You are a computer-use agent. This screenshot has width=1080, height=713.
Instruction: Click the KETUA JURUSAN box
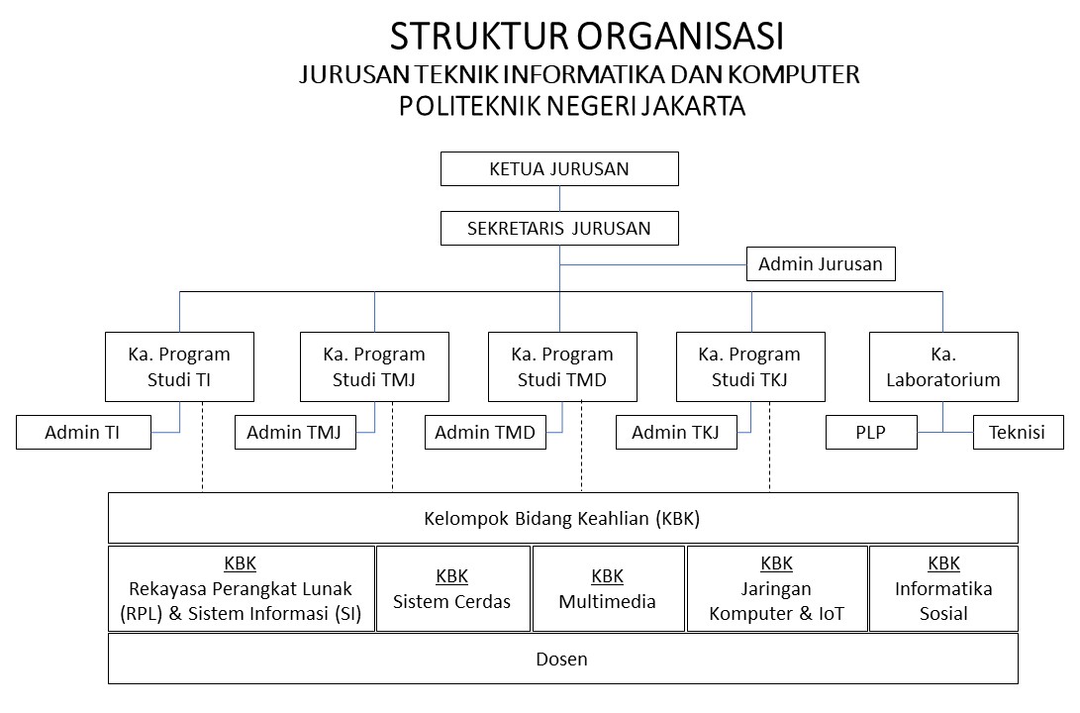click(x=559, y=168)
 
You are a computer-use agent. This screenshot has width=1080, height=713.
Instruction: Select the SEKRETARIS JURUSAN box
click(x=559, y=228)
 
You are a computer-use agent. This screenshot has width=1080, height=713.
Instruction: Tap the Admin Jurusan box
click(x=821, y=263)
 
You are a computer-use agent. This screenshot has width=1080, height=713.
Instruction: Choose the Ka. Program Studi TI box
click(x=179, y=366)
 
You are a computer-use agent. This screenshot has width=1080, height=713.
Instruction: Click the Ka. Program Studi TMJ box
click(x=374, y=366)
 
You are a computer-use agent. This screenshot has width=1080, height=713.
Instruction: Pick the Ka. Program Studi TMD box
click(x=562, y=366)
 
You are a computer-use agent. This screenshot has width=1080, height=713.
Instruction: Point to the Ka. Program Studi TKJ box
click(x=750, y=366)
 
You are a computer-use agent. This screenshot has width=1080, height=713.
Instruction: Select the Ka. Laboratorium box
click(x=943, y=366)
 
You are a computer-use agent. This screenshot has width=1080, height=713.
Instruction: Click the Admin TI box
click(x=83, y=432)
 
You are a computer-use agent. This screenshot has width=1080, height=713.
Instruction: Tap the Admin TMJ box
click(x=295, y=432)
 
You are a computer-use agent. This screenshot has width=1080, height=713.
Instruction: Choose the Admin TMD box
click(x=485, y=432)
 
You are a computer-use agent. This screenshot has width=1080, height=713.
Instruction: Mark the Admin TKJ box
click(x=676, y=432)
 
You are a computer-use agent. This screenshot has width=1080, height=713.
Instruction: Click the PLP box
click(x=871, y=432)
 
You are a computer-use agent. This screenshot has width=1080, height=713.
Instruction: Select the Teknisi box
click(x=1018, y=432)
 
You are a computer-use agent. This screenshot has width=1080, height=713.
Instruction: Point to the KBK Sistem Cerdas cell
click(x=453, y=589)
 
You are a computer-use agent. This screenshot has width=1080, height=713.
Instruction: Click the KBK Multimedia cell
click(x=608, y=589)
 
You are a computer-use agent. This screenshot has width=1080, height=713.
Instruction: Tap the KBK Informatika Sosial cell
click(x=943, y=589)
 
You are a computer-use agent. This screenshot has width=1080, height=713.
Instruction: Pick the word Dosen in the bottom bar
click(x=561, y=660)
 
